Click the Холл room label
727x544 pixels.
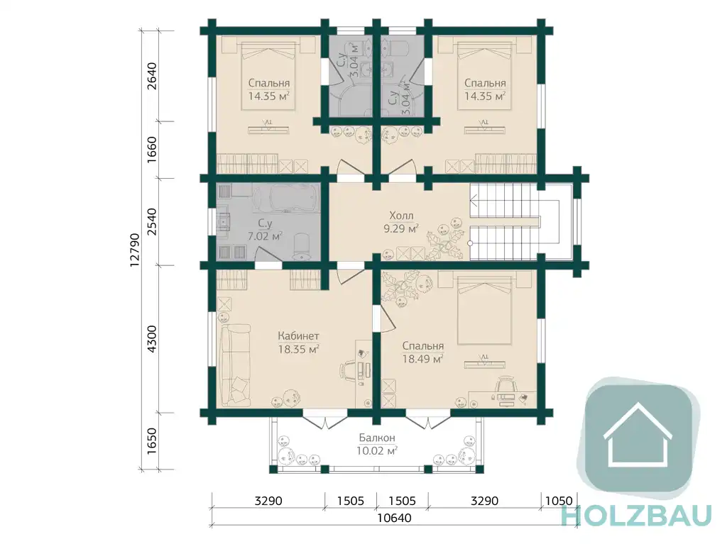402,216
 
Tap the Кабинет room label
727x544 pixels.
298,335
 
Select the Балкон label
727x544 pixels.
377,438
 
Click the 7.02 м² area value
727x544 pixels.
265,236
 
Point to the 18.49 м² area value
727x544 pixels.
422,359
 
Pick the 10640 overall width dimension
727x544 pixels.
394,518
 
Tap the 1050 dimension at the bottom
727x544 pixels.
559,501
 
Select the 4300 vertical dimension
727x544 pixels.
152,339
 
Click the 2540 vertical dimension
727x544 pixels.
152,222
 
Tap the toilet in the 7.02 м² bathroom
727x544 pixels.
302,245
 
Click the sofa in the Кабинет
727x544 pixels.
235,366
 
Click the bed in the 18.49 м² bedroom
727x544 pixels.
484,309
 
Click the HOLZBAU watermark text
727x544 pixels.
637,515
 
